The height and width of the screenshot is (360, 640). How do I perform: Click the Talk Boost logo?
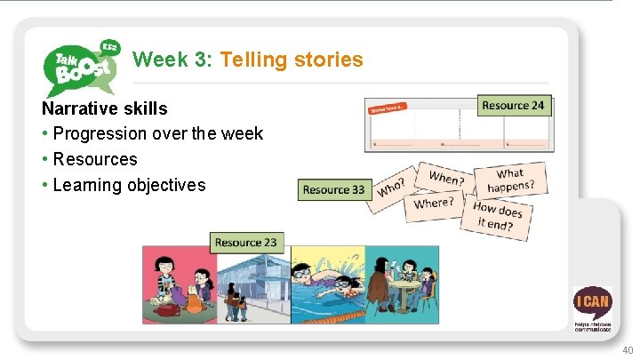tap(80, 66)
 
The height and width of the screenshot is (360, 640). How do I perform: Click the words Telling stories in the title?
tap(292, 60)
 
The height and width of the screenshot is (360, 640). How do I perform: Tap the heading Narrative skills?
tap(104, 108)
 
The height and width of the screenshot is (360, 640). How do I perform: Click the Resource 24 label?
tap(513, 106)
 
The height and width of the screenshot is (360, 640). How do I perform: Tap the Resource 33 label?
tap(333, 189)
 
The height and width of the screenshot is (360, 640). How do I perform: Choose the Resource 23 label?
tap(245, 242)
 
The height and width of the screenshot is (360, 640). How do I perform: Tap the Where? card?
tap(434, 204)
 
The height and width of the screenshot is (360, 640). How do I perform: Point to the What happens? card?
tap(510, 180)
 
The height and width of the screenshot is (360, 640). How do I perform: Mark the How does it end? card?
tap(498, 217)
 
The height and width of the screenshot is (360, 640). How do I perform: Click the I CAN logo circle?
tap(592, 303)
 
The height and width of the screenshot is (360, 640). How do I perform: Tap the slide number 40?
tap(628, 350)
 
